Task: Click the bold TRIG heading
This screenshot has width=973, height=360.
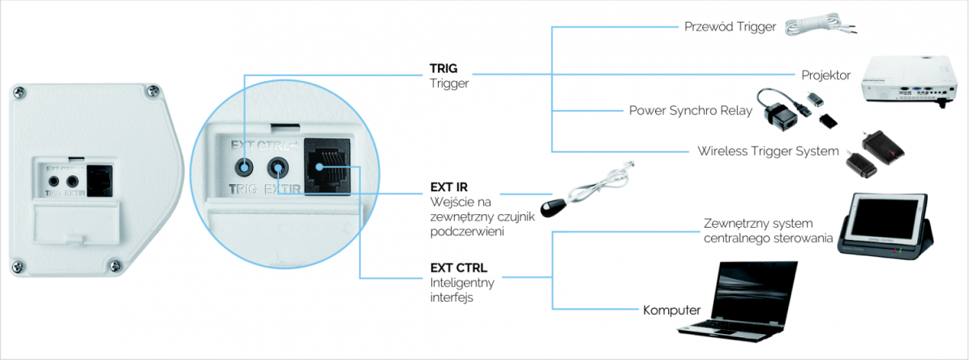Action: click(x=444, y=68)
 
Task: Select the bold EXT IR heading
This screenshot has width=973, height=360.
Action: click(x=448, y=187)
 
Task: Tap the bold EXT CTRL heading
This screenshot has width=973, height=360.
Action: click(x=459, y=268)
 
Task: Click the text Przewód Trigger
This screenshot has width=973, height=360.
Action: click(x=730, y=27)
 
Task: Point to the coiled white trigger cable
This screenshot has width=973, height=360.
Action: click(x=819, y=24)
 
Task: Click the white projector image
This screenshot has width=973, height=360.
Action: click(x=910, y=81)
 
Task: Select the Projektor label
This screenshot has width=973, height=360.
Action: click(x=825, y=75)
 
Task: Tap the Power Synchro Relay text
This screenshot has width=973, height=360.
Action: click(x=691, y=111)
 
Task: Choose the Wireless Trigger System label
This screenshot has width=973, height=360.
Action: click(x=768, y=151)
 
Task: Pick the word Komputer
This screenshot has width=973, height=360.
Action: click(x=671, y=310)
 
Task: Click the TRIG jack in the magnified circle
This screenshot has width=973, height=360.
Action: click(x=244, y=167)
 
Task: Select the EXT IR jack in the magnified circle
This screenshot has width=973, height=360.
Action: click(x=277, y=167)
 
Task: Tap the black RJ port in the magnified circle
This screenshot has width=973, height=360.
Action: click(x=327, y=166)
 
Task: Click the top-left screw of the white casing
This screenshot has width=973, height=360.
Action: click(x=19, y=92)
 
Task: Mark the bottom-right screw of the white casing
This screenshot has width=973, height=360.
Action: click(x=114, y=265)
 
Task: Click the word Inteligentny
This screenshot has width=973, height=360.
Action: click(x=462, y=283)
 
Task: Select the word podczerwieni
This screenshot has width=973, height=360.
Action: click(x=467, y=231)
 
